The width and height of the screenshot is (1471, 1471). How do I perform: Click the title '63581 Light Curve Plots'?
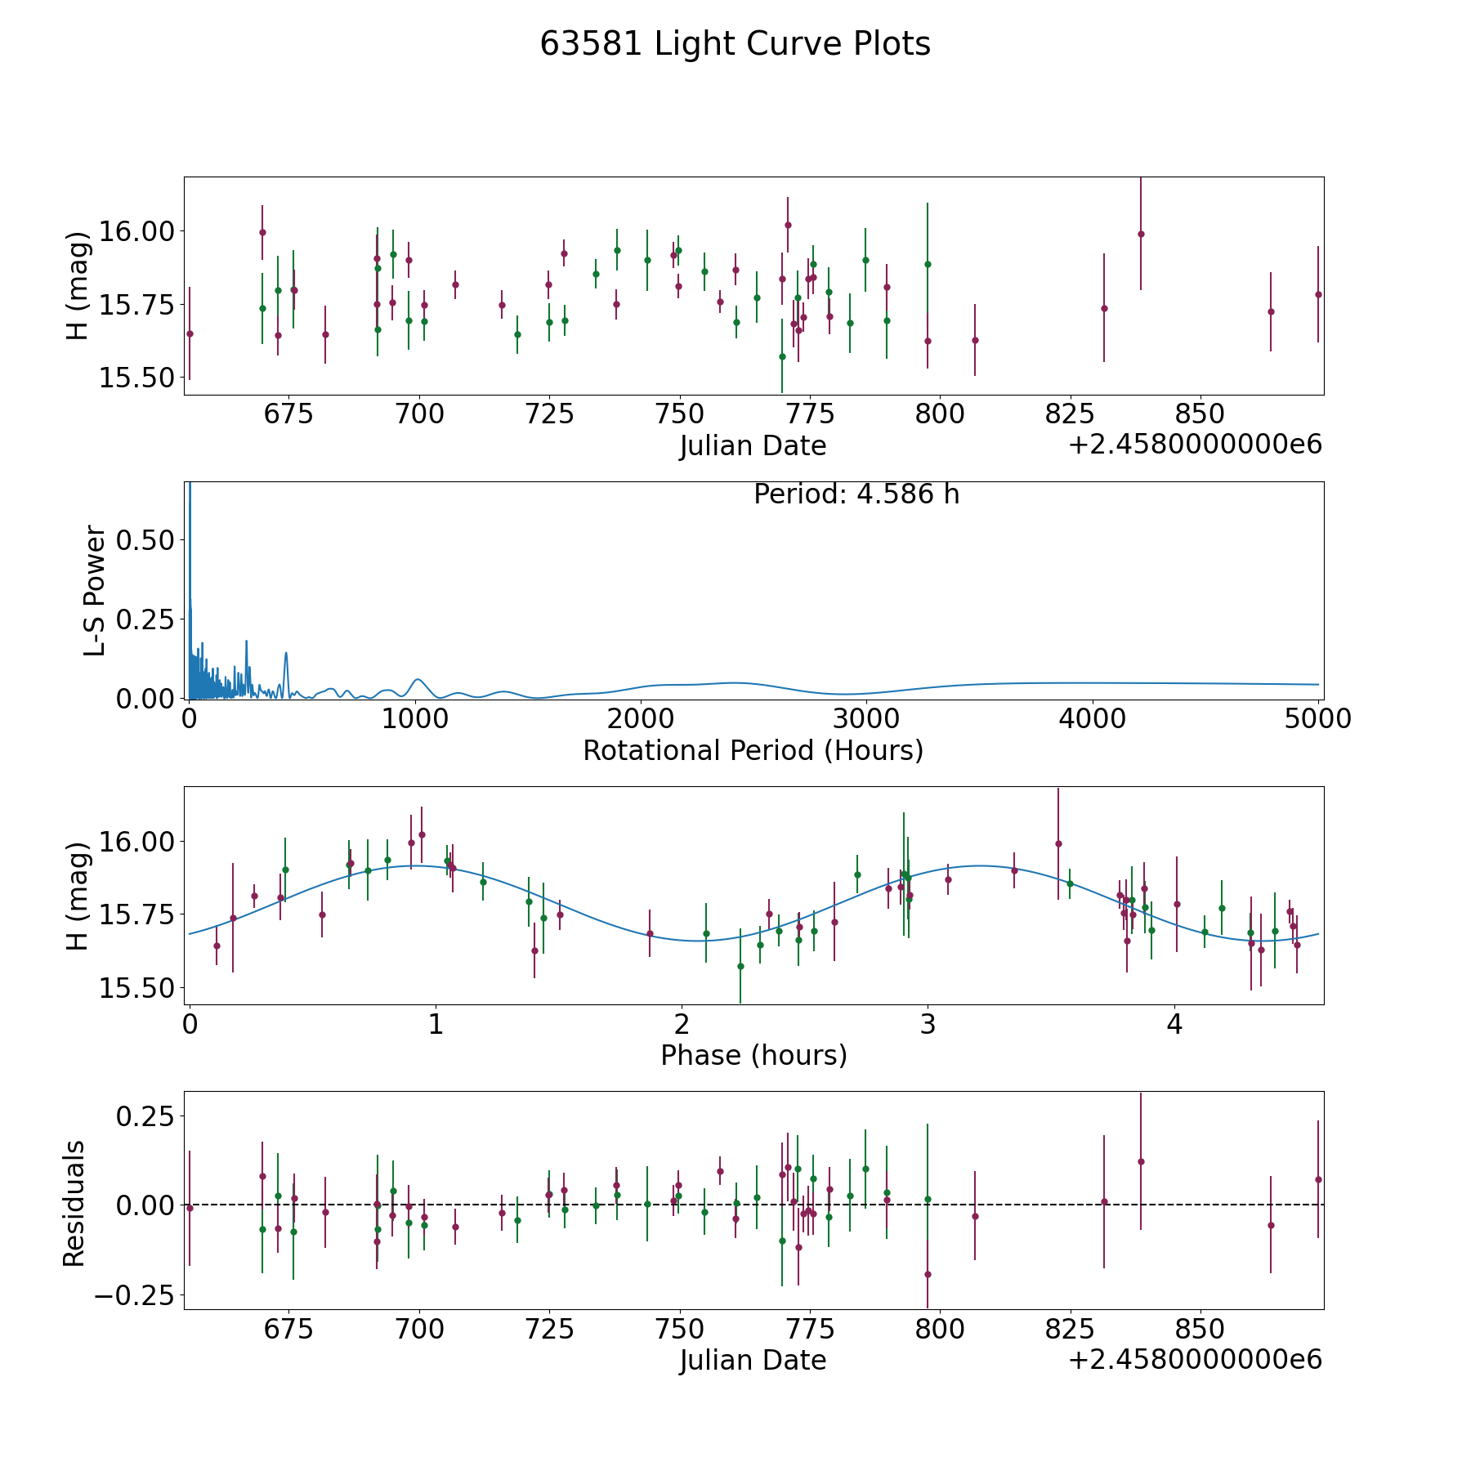735,44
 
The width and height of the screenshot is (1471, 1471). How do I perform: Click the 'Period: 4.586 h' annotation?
856,494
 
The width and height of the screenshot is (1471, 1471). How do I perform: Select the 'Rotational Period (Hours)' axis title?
753,750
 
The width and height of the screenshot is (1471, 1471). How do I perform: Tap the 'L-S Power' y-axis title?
95,591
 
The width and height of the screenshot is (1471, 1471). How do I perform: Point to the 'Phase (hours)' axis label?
753,1055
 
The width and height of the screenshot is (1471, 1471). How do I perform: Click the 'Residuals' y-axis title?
74,1204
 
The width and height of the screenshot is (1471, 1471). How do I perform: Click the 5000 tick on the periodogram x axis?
1317,719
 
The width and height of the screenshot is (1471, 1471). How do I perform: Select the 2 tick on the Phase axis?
682,1025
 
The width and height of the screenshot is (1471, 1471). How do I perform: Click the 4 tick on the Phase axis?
1174,1025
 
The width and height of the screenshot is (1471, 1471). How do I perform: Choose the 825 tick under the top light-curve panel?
1070,414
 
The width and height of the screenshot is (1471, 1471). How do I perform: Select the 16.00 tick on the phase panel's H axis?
134,842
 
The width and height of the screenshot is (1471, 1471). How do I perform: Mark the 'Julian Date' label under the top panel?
753,446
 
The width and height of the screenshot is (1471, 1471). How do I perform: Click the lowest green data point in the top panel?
782,356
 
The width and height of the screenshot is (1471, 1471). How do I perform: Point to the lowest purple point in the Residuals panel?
928,1274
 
